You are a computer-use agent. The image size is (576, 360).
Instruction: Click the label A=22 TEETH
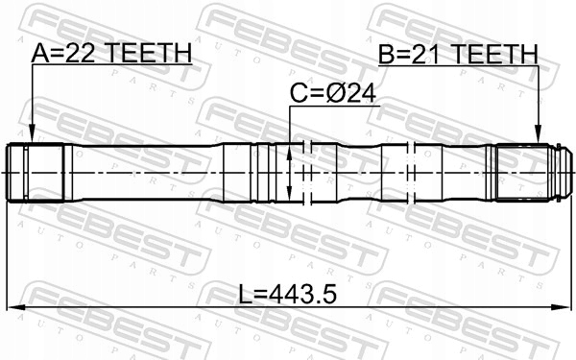click(112, 54)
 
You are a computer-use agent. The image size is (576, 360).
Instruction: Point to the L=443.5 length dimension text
click(287, 293)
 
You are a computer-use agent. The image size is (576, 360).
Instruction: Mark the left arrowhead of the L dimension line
click(13, 308)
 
